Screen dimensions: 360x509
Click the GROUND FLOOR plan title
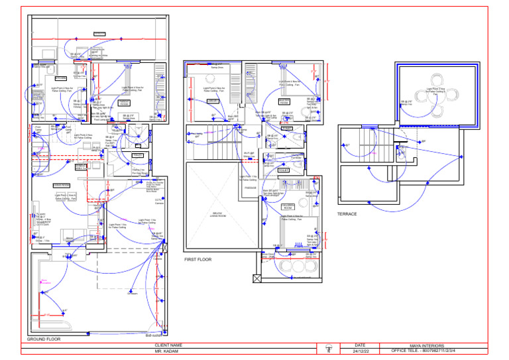[x=44, y=339]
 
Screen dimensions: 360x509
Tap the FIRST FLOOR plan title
[x=198, y=259]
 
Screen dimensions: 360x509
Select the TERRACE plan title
[x=347, y=214]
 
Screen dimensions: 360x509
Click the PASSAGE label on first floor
[x=250, y=188]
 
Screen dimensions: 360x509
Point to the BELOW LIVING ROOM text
[x=219, y=214]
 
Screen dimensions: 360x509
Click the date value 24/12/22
[x=360, y=351]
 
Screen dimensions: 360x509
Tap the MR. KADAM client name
[x=168, y=351]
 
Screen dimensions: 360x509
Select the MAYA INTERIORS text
[x=427, y=345]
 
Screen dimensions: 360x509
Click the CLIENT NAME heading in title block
[x=168, y=345]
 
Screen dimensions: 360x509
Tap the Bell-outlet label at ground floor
[x=153, y=335]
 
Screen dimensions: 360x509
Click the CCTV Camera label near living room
[x=158, y=201]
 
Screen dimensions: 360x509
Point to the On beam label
[x=133, y=294]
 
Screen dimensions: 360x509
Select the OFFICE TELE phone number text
[x=427, y=351]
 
